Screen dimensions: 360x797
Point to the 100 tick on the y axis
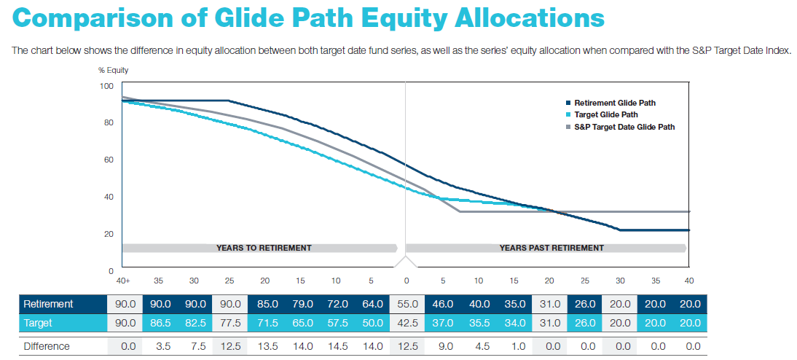pyautogui.click(x=107, y=86)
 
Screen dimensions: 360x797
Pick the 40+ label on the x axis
pyautogui.click(x=122, y=281)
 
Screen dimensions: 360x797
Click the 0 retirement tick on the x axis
pyautogui.click(x=407, y=281)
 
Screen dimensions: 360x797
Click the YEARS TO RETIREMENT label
pyautogui.click(x=264, y=248)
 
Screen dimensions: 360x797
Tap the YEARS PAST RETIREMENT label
pyautogui.click(x=551, y=248)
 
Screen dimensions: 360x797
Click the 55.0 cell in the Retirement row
pyautogui.click(x=407, y=303)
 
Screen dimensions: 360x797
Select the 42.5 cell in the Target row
pyautogui.click(x=407, y=323)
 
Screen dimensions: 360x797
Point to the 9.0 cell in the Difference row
pyautogui.click(x=442, y=346)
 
